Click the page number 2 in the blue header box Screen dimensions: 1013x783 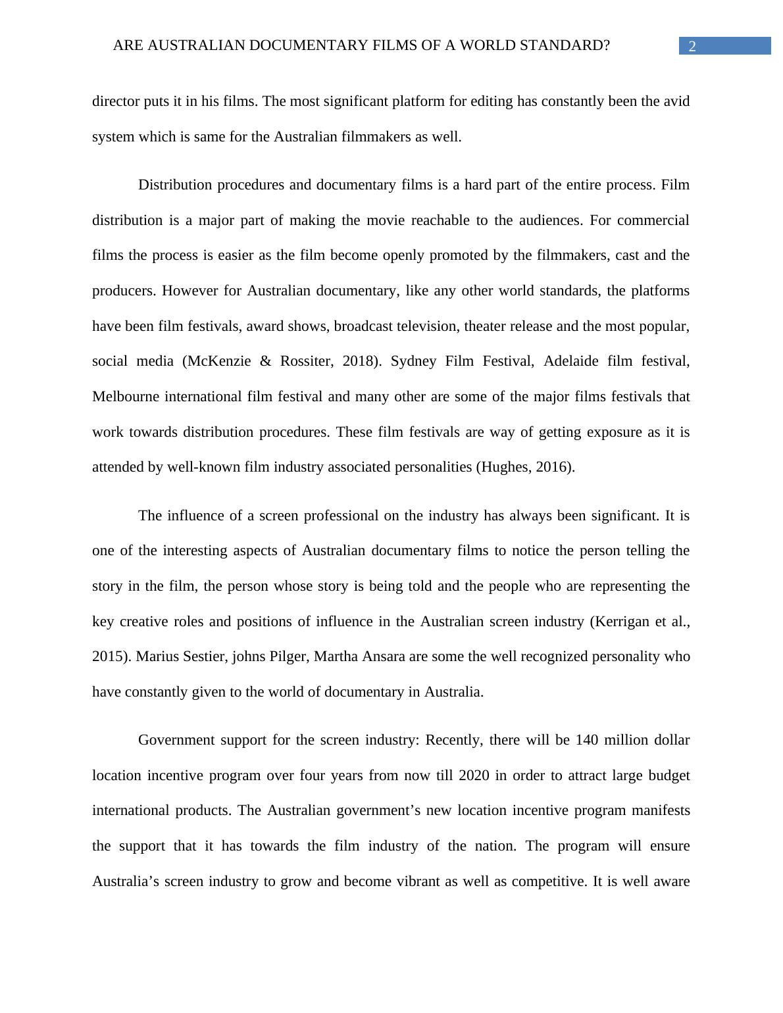coord(692,46)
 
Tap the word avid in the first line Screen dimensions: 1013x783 coord(676,101)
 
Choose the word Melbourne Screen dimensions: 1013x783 coord(126,397)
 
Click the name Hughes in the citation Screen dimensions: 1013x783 coord(505,467)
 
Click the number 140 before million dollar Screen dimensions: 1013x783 coord(587,740)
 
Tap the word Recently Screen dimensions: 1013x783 coord(455,740)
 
